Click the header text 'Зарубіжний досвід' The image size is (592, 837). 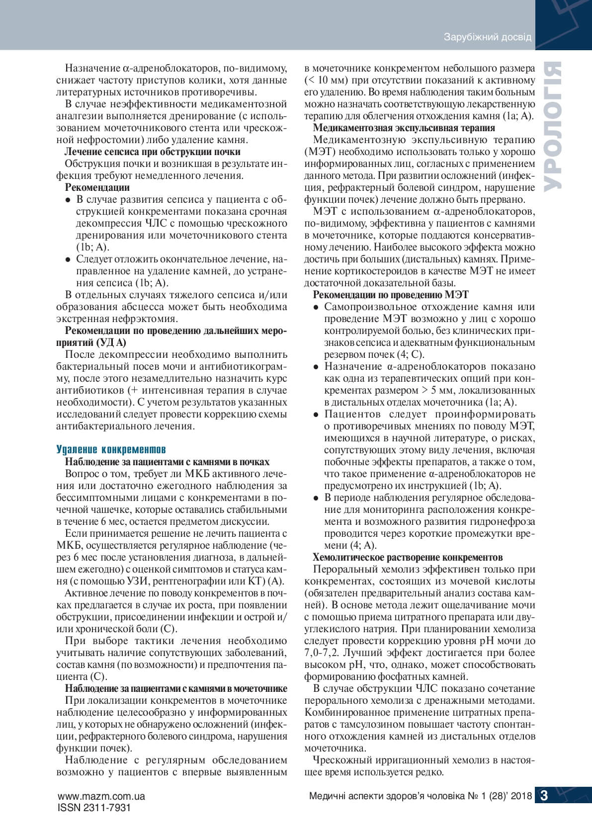(487, 37)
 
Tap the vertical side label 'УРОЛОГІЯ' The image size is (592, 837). (552, 127)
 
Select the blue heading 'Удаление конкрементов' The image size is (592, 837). (111, 450)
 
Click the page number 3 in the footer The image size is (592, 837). (544, 796)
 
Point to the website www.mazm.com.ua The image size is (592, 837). (101, 796)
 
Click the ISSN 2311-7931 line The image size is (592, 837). (94, 808)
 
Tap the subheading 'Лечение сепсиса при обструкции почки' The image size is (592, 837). (153, 152)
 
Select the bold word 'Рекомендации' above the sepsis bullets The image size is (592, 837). (97, 187)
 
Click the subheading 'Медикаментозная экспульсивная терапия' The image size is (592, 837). (404, 128)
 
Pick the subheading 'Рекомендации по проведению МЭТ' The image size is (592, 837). (390, 295)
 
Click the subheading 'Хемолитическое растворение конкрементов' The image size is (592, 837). (408, 557)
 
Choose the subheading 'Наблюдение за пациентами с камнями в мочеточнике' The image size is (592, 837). (176, 688)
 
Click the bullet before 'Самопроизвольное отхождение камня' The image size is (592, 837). (316, 307)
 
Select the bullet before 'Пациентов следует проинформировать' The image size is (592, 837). (316, 415)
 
